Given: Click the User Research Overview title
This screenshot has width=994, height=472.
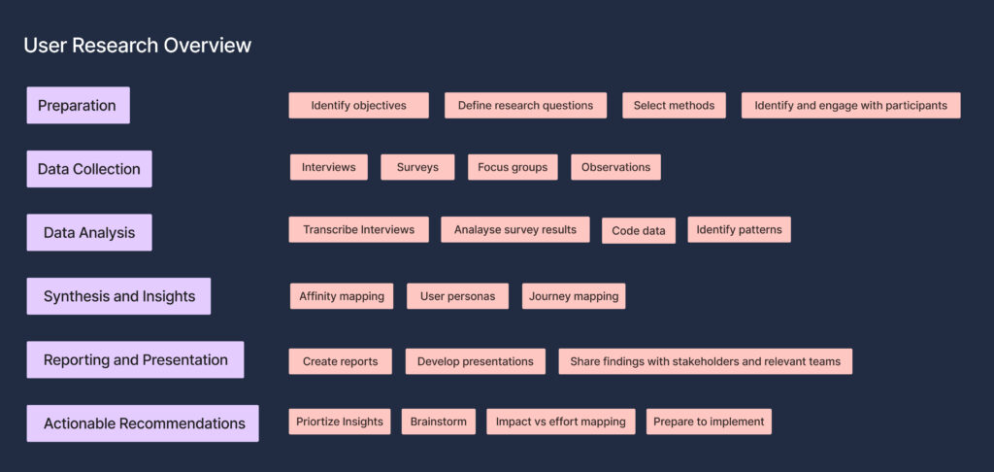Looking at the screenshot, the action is click(138, 46).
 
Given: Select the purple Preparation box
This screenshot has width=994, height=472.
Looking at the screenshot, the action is click(78, 105).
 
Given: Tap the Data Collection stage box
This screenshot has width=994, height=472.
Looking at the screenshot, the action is click(89, 169).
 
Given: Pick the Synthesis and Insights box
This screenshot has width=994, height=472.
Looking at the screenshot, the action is click(118, 296).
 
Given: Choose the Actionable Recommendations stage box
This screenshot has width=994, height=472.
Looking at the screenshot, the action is click(143, 423).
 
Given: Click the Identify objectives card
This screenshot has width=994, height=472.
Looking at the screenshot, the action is click(359, 105).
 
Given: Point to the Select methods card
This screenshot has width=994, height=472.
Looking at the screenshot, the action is click(674, 105).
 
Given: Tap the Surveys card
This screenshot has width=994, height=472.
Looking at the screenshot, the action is click(417, 167).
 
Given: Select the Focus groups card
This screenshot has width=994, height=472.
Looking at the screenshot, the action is click(513, 167).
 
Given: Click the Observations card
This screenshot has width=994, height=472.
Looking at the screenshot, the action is click(615, 167).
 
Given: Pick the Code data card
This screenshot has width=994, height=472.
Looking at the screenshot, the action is click(639, 231).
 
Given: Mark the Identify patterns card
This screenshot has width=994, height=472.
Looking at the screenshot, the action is click(739, 229).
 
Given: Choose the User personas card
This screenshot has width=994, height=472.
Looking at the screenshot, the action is click(458, 296).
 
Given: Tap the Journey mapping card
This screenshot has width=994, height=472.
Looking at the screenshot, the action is click(574, 296).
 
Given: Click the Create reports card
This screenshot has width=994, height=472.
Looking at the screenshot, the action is click(341, 361).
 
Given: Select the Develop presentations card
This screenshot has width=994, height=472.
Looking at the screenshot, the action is click(476, 361).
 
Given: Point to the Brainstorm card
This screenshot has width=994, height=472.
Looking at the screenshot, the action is click(439, 421).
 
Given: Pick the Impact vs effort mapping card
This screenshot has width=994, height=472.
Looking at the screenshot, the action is click(561, 421).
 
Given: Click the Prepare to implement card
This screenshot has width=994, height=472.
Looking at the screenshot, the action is click(710, 421).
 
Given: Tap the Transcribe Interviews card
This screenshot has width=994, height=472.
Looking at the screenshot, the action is click(359, 229).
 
